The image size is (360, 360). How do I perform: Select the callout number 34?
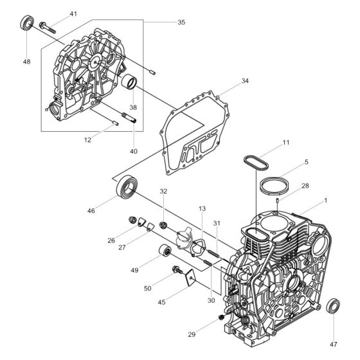245,81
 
